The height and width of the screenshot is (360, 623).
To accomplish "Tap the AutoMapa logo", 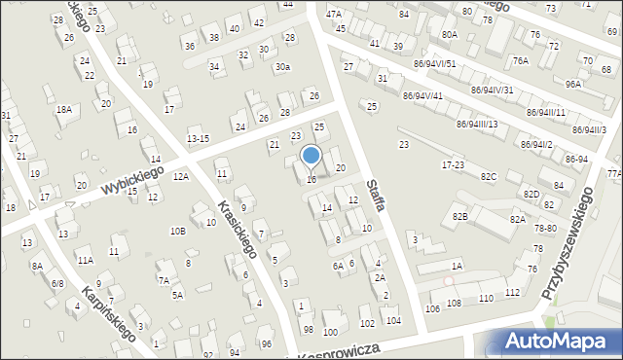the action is pos(554,342).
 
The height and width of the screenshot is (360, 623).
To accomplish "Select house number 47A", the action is pos(334,14).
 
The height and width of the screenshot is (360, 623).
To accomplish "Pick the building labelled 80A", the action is pos(449,34).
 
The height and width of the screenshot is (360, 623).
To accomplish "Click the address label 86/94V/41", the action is pos(422,95).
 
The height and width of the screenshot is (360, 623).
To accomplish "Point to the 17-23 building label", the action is pos(453,165).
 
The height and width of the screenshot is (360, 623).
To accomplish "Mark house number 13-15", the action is pos(198,139).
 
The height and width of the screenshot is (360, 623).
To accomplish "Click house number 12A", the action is pos(181,176).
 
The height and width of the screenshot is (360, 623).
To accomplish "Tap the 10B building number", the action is pos(177,231).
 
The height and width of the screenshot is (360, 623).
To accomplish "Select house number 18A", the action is pos(63,110).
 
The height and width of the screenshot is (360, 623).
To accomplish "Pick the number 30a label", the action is pos(281,66).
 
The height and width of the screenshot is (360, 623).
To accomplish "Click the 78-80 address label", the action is pos(545,228).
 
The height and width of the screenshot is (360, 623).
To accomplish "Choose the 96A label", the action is pos(573,85).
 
